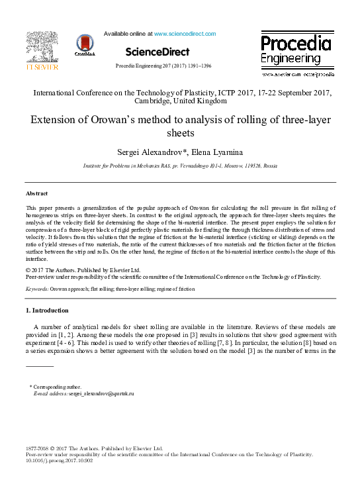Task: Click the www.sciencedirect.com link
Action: [185, 34]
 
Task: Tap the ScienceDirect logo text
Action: [157, 52]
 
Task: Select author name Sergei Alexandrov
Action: [140, 153]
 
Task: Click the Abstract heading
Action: [36, 193]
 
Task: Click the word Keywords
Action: [36, 290]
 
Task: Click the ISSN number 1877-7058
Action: [38, 448]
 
